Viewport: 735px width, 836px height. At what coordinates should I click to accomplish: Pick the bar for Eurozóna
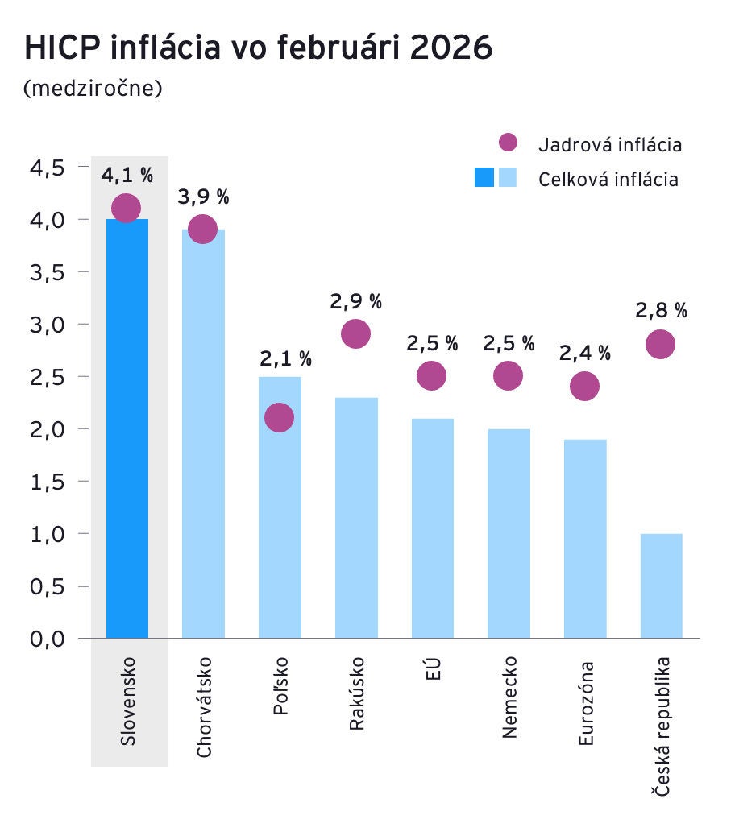pos(585,539)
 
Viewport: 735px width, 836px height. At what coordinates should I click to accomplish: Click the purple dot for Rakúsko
pos(355,333)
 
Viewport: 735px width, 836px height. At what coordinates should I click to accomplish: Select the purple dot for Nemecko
pos(508,375)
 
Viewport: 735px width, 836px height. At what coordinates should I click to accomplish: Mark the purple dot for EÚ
pos(432,375)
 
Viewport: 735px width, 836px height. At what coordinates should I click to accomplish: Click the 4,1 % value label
pos(127,175)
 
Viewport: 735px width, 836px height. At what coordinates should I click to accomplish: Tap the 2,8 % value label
pos(661,310)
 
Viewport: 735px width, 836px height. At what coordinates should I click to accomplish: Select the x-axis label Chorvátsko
pos(205,706)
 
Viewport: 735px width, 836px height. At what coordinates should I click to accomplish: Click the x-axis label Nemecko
pos(509,697)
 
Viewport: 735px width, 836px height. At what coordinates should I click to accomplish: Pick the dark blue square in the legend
pos(484,177)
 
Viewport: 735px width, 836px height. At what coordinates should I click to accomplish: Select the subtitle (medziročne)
pos(93,87)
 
